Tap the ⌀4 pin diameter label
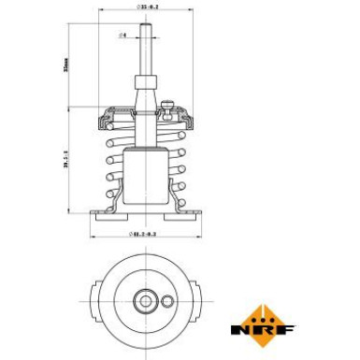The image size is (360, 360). click(x=123, y=35)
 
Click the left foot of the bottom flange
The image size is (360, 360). click(x=105, y=213)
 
